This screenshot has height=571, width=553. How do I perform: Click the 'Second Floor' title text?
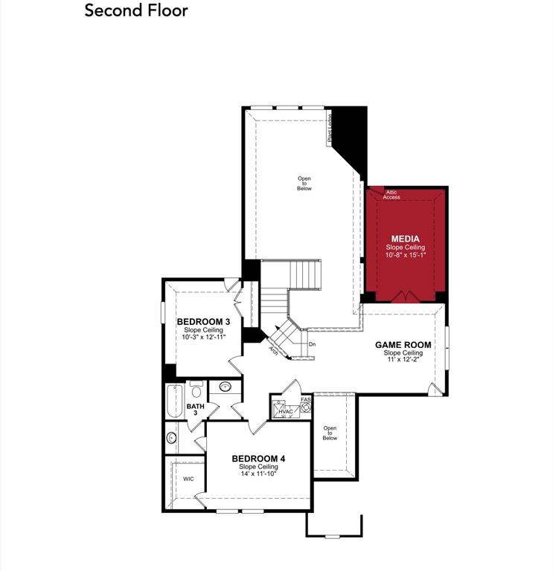tap(136, 10)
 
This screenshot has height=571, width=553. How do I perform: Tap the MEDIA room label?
tap(405, 239)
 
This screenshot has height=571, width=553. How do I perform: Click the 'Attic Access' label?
tap(391, 195)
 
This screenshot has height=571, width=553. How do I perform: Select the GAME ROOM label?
tap(403, 345)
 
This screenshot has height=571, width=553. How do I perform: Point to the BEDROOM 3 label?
tap(202, 322)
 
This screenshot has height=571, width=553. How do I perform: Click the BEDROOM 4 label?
tap(258, 458)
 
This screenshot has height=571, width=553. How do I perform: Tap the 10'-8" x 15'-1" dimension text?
tap(405, 256)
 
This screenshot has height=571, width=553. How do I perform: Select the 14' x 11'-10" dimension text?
tap(258, 474)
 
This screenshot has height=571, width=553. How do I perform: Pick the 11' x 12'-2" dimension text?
tap(403, 361)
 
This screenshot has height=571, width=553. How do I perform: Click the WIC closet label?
tap(188, 479)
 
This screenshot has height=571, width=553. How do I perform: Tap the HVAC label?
tap(286, 410)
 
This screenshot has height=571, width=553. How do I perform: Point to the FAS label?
tap(305, 400)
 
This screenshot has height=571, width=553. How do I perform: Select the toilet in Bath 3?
tap(196, 390)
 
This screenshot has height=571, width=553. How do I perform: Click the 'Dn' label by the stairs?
tap(312, 344)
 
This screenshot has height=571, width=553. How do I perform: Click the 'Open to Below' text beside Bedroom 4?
tap(330, 433)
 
